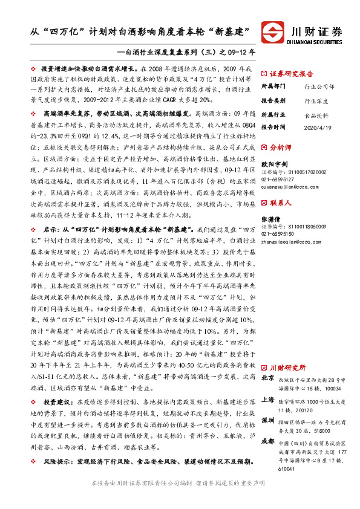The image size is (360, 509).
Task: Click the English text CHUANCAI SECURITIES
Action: pos(317,42)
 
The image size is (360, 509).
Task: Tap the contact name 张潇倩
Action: pos(270,218)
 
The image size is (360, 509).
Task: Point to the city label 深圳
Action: pos(267,420)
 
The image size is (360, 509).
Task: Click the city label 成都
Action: pos(267,441)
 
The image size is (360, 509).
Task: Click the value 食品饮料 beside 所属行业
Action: pos(316,114)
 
